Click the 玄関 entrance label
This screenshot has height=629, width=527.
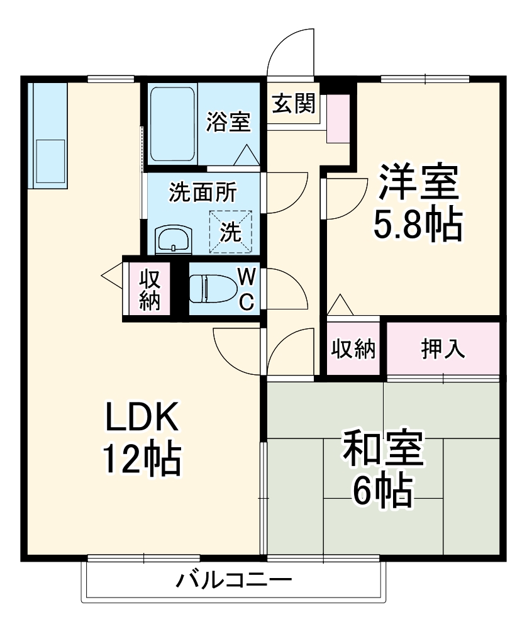point(294,104)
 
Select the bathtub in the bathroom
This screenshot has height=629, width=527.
point(173,124)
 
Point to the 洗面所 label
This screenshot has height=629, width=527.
point(203,192)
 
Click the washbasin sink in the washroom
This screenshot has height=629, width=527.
point(174,240)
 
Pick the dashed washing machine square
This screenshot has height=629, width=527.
point(231,232)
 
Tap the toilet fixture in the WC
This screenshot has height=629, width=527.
point(208,289)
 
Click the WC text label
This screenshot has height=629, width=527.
point(247,289)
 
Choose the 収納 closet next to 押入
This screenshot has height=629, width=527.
point(353,348)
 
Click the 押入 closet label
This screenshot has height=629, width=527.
point(443,348)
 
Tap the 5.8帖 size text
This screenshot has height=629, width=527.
point(418,225)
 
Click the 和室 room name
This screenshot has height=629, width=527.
point(382,448)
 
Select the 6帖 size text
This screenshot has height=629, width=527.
point(382,491)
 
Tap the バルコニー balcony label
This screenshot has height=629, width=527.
point(234,580)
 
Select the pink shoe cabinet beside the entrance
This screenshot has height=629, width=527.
point(338,119)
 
